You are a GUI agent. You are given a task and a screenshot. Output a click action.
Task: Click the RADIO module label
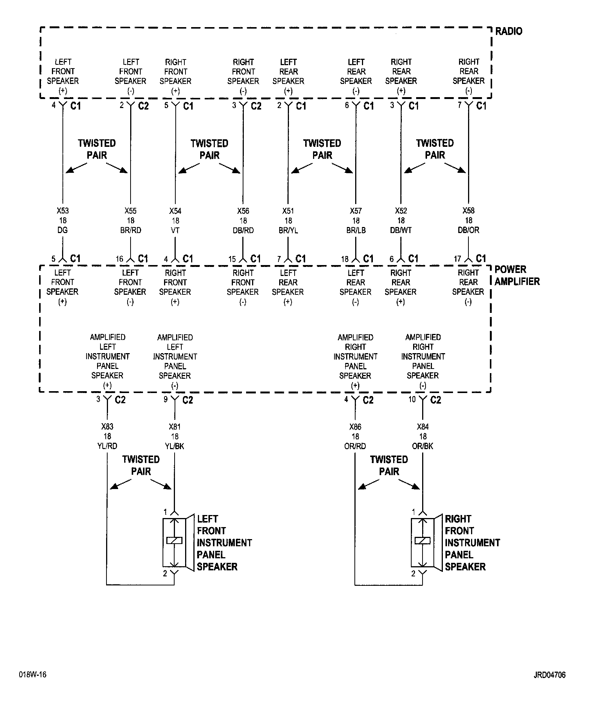[508, 31]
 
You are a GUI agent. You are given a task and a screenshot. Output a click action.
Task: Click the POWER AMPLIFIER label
[517, 275]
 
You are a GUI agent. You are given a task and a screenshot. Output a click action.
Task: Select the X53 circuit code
[63, 211]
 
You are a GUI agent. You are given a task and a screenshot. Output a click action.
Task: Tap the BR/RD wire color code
[131, 230]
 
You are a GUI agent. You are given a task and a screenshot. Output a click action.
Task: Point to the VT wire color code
[175, 230]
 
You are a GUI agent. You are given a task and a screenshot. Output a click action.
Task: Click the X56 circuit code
[243, 211]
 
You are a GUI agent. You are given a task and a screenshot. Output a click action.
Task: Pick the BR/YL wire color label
[288, 230]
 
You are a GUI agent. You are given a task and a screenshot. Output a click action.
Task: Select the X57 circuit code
[356, 211]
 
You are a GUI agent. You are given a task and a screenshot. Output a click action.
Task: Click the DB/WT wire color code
[401, 230]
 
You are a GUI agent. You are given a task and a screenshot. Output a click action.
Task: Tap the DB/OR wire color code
[468, 230]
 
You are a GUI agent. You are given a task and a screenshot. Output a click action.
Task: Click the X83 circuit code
[107, 427]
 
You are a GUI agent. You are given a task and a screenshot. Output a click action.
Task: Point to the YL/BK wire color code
[175, 446]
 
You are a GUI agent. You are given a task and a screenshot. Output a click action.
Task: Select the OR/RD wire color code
[355, 446]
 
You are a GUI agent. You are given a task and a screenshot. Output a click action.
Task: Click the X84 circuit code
[423, 427]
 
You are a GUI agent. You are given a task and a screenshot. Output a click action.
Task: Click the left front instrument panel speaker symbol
[174, 542]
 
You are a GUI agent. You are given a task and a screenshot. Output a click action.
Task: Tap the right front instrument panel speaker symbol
[423, 542]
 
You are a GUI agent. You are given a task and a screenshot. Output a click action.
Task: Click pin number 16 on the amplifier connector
[119, 259]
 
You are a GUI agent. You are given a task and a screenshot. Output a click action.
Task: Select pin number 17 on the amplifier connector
[458, 259]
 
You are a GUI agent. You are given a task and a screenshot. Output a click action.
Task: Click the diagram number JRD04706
[549, 675]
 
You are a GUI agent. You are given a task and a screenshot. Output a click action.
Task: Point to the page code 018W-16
[33, 674]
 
